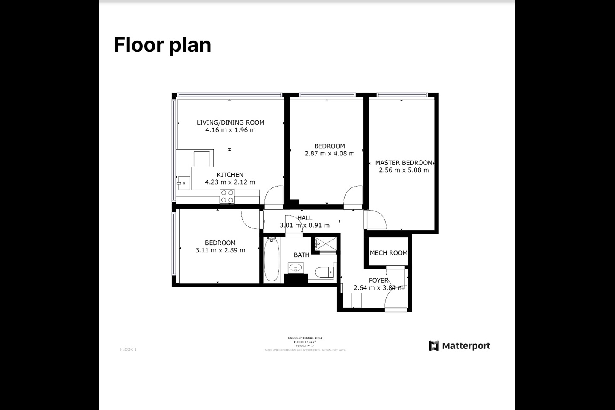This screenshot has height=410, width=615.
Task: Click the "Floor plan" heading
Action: tap(162, 45)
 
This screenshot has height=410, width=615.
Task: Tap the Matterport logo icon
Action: tap(434, 346)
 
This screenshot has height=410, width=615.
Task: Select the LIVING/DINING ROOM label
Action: tap(230, 123)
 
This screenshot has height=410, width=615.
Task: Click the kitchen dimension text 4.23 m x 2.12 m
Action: tap(230, 182)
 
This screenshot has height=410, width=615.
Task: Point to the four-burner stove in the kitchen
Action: tap(227, 196)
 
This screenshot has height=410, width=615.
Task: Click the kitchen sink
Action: tap(183, 183)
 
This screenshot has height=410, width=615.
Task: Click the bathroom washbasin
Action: tap(295, 268)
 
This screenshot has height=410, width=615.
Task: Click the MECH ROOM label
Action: tap(388, 253)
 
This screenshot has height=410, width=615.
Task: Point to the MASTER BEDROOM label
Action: tap(404, 163)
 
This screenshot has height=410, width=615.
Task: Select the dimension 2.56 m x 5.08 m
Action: tap(404, 170)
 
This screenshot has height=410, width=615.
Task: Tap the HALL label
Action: tap(305, 218)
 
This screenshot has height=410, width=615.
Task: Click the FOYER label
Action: tap(378, 281)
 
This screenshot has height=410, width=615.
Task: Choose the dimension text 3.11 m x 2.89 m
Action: tap(220, 250)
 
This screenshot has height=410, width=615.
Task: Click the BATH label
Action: tap(302, 255)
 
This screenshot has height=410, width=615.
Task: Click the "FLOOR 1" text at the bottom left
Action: tap(128, 350)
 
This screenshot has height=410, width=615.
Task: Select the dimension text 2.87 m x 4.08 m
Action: tap(329, 153)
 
